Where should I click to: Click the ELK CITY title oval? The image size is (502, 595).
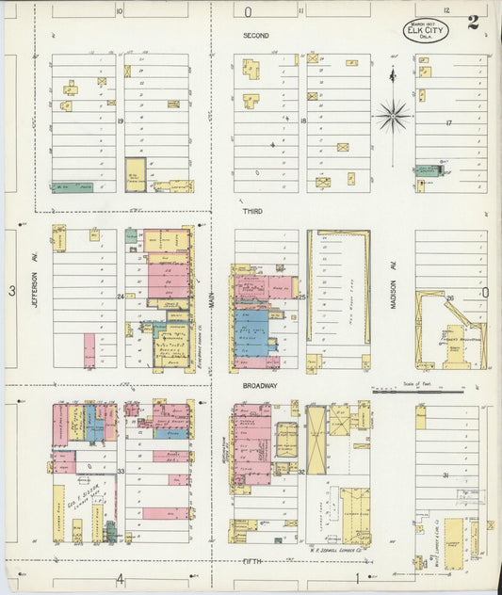(x=427, y=30)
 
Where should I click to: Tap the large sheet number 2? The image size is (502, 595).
(x=471, y=22)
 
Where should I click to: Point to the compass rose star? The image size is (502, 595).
(x=392, y=116)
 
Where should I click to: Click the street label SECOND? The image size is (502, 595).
(x=255, y=36)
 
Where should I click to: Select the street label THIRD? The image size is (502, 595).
(x=253, y=212)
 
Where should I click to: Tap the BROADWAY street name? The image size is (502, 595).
(x=260, y=386)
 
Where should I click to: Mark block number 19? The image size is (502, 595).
(x=121, y=121)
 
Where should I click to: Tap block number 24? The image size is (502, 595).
(x=121, y=297)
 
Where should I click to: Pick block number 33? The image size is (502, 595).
(x=121, y=471)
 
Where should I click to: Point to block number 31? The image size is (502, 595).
(x=445, y=475)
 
